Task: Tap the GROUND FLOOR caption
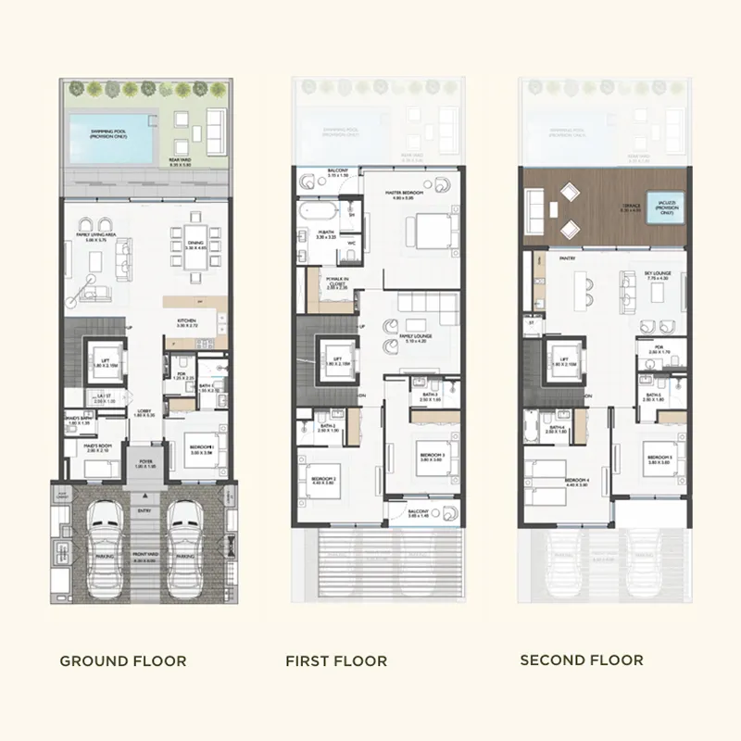click(123, 661)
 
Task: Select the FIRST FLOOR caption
click(336, 661)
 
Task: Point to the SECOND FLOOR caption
click(581, 660)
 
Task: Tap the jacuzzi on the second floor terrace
click(665, 209)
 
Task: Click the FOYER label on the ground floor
click(145, 460)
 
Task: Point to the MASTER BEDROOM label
click(405, 193)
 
